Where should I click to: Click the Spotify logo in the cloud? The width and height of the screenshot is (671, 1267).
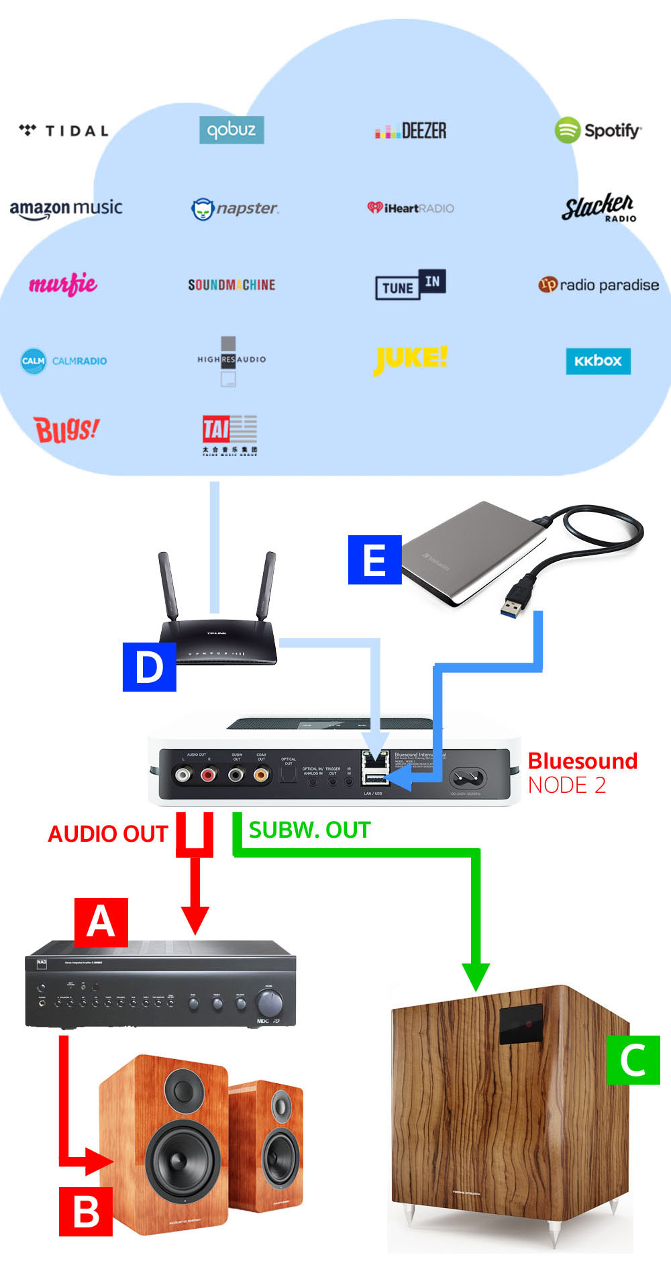tap(598, 130)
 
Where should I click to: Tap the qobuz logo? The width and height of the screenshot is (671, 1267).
tap(231, 129)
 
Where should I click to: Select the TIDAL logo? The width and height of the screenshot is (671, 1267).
tap(64, 130)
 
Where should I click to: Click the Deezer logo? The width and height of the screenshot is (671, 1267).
tap(411, 130)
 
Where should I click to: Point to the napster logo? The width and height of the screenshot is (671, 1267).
tap(235, 209)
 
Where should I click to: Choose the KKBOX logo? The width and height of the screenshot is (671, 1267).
tap(598, 361)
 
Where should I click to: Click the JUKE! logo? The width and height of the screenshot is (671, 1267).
tap(410, 359)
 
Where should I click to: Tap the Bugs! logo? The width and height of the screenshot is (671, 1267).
tap(66, 429)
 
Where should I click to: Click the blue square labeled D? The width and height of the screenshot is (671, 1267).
tap(149, 667)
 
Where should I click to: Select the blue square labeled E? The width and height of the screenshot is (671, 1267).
tap(374, 559)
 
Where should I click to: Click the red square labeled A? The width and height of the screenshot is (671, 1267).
tap(101, 922)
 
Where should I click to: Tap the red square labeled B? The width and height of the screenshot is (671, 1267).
tap(85, 1211)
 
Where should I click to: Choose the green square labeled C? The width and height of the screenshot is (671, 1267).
tap(633, 1060)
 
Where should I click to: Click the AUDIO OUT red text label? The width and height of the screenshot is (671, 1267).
tap(107, 834)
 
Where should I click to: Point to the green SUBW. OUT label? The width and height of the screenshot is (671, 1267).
tap(309, 830)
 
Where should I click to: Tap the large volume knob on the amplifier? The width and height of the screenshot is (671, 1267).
tap(270, 1003)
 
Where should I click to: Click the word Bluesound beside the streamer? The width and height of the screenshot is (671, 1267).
tap(582, 761)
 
